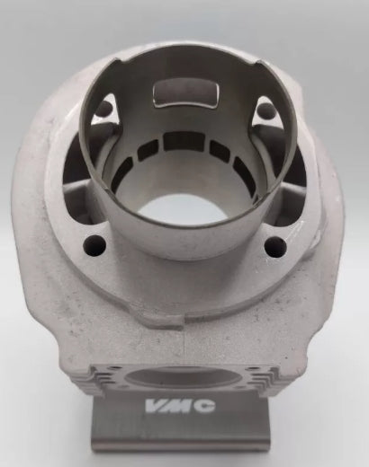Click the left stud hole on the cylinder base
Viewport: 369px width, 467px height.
click(95, 246)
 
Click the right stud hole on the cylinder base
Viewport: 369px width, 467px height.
click(275, 247)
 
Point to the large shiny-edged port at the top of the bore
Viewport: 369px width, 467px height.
click(186, 93)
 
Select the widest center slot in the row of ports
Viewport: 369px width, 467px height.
click(184, 142)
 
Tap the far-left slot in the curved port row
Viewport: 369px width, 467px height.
click(122, 172)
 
